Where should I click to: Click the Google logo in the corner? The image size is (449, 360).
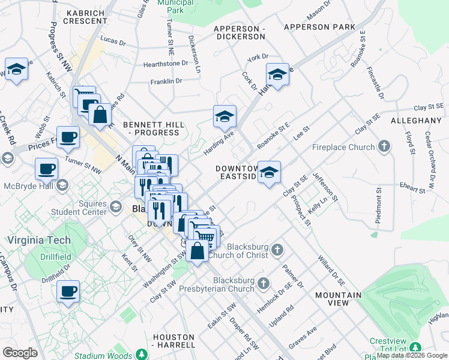(x=20, y=353)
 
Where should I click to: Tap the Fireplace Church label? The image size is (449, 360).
(x=343, y=147)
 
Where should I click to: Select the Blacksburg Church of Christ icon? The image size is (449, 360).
(x=276, y=248)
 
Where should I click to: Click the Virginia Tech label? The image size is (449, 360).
(x=39, y=241)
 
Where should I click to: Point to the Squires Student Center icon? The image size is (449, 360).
(x=115, y=208)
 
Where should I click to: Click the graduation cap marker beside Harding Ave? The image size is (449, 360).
(x=224, y=116)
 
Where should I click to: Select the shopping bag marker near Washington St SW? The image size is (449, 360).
(x=197, y=251)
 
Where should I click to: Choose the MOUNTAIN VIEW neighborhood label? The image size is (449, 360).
(x=339, y=299)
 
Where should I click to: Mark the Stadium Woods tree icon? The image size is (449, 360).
(x=142, y=355)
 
